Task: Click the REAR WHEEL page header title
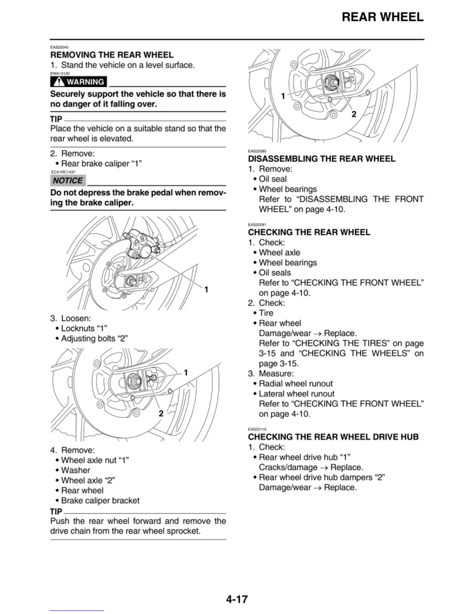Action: [382, 17]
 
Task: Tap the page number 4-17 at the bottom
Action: [237, 599]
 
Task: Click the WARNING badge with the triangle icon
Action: [79, 82]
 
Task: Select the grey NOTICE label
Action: [68, 181]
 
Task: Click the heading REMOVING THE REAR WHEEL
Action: [112, 55]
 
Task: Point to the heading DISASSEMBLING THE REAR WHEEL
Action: [321, 159]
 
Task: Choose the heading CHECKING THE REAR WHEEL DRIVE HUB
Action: [333, 437]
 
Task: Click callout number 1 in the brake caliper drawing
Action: [206, 290]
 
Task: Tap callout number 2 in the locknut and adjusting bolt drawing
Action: [161, 414]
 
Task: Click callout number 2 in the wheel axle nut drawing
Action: [354, 114]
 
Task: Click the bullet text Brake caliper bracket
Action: [100, 500]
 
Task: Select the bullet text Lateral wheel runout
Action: [296, 394]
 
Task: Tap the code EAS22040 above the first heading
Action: [59, 47]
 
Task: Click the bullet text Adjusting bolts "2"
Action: [94, 338]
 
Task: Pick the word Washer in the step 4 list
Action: [76, 470]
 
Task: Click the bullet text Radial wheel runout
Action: [295, 384]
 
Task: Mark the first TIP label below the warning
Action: [56, 119]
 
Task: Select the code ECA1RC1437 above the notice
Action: [63, 172]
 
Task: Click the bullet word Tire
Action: [266, 313]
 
